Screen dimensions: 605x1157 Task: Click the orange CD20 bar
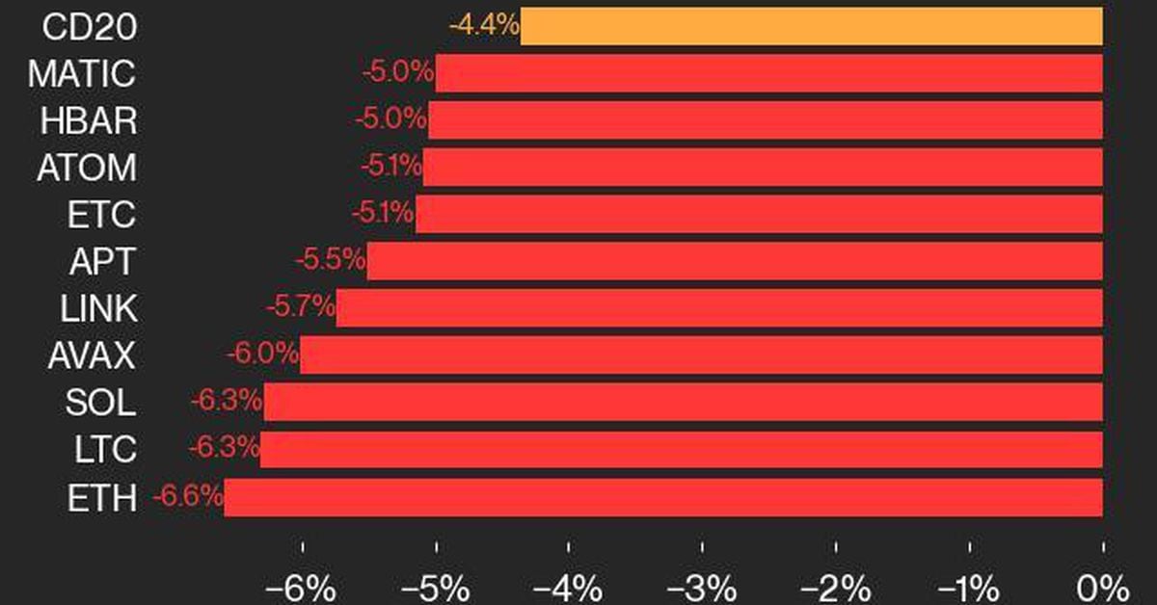[x=811, y=26]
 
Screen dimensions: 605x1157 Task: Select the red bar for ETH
[x=663, y=497]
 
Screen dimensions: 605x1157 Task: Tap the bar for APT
[x=735, y=260]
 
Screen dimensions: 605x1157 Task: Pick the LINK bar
[x=719, y=307]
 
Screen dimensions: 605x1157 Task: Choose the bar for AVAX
[x=701, y=355]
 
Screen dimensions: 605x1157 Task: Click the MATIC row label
[x=82, y=73]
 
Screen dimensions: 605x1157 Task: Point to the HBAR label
[x=89, y=120]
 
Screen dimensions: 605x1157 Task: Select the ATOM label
[x=87, y=168]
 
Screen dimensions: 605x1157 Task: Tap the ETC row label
[x=101, y=214]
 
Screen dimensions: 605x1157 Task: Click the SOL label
[x=100, y=402]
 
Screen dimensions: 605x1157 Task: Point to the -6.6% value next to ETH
[x=188, y=497]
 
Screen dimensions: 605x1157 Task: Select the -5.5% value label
[x=330, y=260]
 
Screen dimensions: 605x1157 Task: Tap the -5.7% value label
[x=300, y=307]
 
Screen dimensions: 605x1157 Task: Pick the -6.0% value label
[x=263, y=355]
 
